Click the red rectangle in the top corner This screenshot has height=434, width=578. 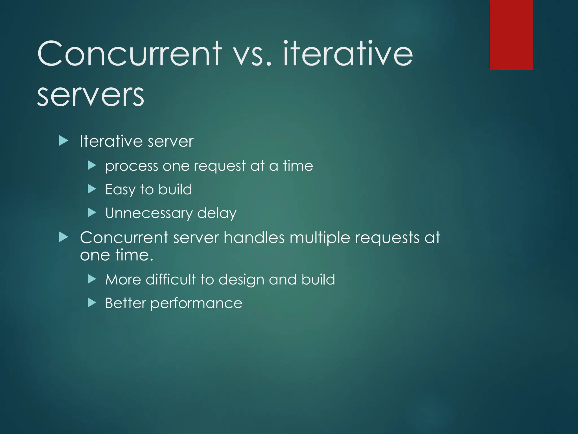point(511,34)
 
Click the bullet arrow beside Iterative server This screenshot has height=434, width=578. point(64,141)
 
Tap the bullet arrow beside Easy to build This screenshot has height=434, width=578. point(92,189)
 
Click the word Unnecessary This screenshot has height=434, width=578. point(149,213)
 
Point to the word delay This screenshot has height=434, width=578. point(216,213)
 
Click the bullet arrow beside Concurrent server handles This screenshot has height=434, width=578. point(64,237)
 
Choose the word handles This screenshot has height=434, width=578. point(254,237)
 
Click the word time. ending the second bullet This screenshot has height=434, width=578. point(134,255)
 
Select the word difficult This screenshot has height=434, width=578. point(170,279)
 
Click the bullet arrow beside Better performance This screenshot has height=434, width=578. point(92,303)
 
